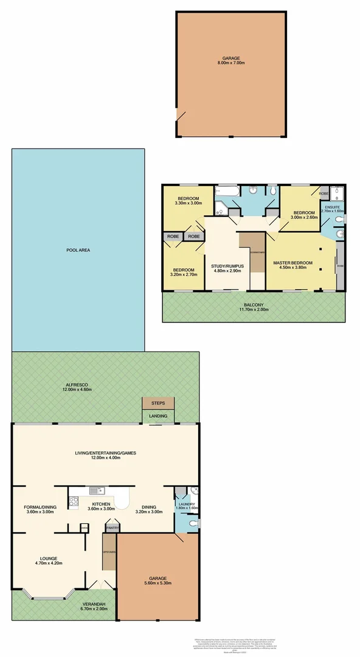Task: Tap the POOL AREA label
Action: (78, 250)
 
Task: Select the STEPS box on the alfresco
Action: (158, 403)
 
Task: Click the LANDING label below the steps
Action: (158, 416)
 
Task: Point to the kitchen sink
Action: (94, 490)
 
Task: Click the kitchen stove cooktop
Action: (74, 502)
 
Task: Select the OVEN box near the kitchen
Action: (84, 528)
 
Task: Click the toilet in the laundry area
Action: (193, 522)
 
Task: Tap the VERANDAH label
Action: (64, 603)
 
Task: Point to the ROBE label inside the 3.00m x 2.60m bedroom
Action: (324, 193)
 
